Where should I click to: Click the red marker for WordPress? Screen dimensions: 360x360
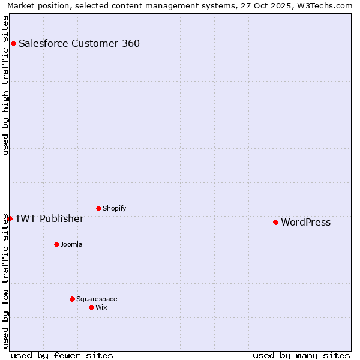pyautogui.click(x=275, y=222)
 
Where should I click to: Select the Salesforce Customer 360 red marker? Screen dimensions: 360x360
pyautogui.click(x=13, y=43)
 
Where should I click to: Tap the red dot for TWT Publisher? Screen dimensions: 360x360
pyautogui.click(x=10, y=218)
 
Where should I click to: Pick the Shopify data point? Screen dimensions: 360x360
pyautogui.click(x=98, y=208)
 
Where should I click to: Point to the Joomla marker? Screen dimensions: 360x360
pyautogui.click(x=56, y=244)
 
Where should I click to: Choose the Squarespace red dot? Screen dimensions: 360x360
pyautogui.click(x=72, y=299)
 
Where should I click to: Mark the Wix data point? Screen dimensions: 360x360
pyautogui.click(x=91, y=307)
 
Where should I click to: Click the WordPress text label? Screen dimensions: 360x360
pyautogui.click(x=305, y=223)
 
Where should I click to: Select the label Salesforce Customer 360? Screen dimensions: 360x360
pyautogui.click(x=79, y=43)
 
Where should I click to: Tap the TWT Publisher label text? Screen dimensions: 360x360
pyautogui.click(x=49, y=218)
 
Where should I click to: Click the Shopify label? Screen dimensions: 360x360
pyautogui.click(x=114, y=208)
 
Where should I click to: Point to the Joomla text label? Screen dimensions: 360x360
pyautogui.click(x=71, y=244)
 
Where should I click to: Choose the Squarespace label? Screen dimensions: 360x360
pyautogui.click(x=97, y=299)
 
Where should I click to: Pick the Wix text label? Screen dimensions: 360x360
pyautogui.click(x=101, y=307)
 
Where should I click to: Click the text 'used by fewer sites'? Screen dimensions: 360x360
pyautogui.click(x=62, y=355)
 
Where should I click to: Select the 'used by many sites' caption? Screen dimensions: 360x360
pyautogui.click(x=301, y=355)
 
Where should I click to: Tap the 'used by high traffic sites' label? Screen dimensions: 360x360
pyautogui.click(x=6, y=85)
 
